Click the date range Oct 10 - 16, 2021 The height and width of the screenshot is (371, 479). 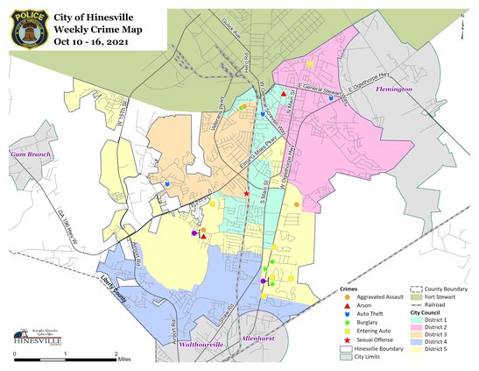[x=95, y=40]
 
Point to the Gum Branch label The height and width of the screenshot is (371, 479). [x=26, y=154]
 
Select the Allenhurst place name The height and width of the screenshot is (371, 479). [x=259, y=337]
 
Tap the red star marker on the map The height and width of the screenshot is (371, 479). [x=247, y=193]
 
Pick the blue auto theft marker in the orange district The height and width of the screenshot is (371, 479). [x=167, y=184]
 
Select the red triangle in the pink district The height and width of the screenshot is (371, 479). [x=284, y=94]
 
